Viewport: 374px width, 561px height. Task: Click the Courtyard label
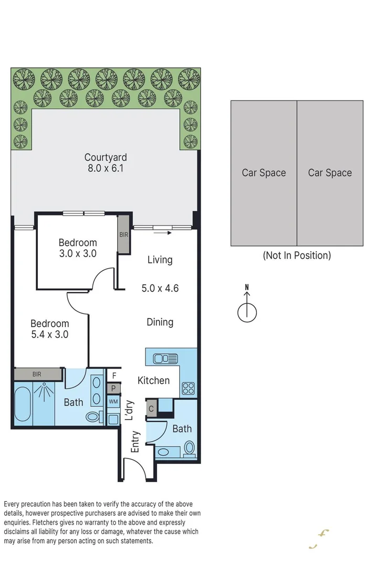coord(106,157)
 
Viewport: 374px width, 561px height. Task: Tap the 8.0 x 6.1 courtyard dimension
coord(106,169)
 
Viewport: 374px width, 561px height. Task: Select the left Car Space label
coord(264,173)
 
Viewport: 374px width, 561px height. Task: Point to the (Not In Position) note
coord(297,256)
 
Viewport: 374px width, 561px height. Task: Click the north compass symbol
coord(247,311)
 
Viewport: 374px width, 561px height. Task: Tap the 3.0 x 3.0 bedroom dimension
coord(78,253)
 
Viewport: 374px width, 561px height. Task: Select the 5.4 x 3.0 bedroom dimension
coord(49,334)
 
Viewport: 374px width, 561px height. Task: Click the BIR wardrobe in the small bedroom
coord(123,234)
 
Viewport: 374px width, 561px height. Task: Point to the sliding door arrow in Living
coord(163,231)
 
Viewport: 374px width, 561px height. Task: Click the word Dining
coord(160,322)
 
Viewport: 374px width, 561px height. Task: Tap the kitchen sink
coord(165,359)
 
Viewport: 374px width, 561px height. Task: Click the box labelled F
coord(113,375)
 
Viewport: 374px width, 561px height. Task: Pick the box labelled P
coord(113,389)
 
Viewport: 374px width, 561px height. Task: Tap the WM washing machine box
coord(113,402)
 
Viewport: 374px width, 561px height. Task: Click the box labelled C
coord(151,409)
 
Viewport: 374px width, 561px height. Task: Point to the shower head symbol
coord(44,390)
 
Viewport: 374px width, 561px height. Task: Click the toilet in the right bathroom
coord(190,448)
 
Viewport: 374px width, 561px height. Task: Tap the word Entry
coord(135,442)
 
